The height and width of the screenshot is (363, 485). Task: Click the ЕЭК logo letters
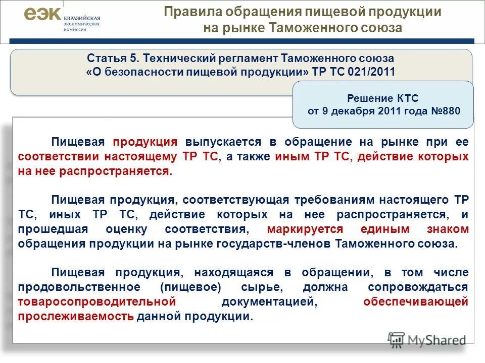coord(42,15)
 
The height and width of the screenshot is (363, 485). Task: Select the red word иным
coord(292,157)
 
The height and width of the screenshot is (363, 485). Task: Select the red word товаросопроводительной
coord(96,302)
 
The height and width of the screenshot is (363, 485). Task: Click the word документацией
coord(268,302)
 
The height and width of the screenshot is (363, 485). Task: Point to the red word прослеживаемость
coord(76,317)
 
